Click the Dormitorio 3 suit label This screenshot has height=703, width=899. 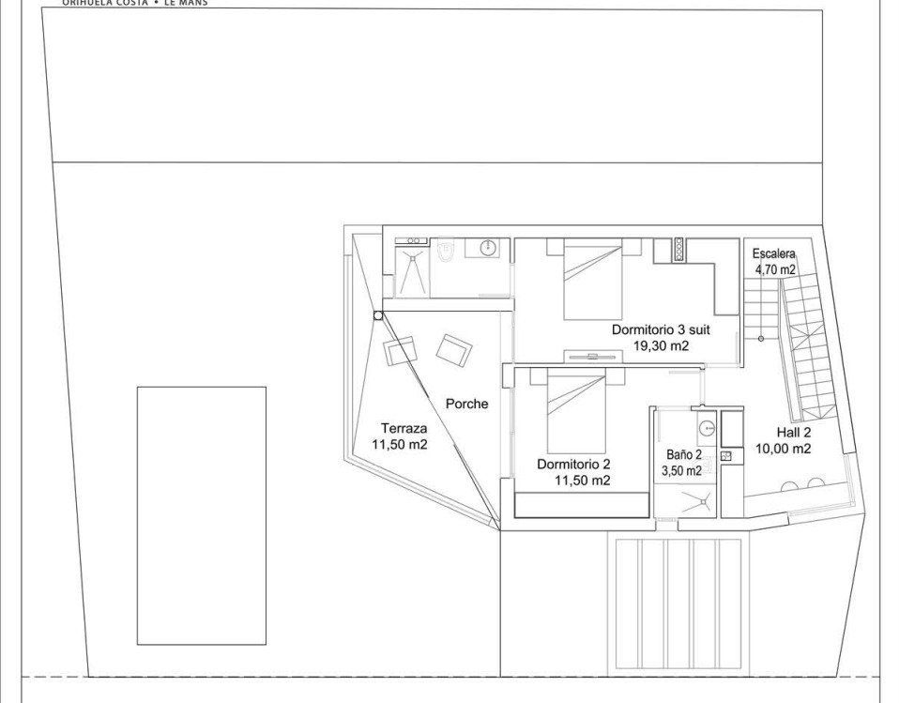click(x=661, y=329)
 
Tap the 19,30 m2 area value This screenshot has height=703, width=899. click(x=662, y=345)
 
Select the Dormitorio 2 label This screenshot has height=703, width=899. click(x=573, y=464)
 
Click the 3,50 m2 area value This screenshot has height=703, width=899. click(x=682, y=470)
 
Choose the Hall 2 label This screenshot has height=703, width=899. click(x=794, y=433)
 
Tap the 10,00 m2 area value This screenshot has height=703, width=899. click(x=784, y=449)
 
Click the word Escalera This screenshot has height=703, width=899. click(x=774, y=253)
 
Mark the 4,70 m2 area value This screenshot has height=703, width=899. click(x=775, y=269)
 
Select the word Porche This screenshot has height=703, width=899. click(x=466, y=404)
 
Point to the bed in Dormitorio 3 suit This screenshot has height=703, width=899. click(x=592, y=282)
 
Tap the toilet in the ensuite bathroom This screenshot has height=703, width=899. click(x=447, y=249)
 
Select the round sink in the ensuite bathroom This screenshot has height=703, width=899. click(x=488, y=248)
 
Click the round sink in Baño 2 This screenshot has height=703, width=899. click(x=706, y=429)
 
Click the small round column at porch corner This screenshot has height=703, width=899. click(x=377, y=316)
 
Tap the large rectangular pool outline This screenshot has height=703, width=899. click(x=201, y=514)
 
